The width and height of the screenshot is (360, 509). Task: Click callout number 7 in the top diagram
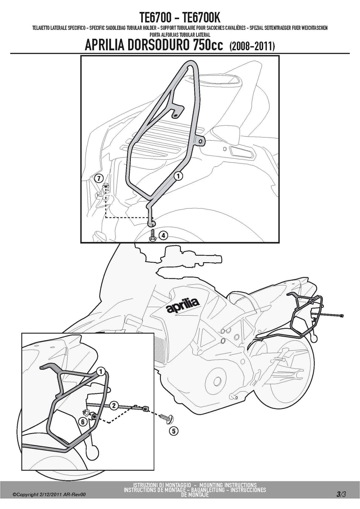click(99, 179)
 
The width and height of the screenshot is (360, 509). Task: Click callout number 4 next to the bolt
click(163, 235)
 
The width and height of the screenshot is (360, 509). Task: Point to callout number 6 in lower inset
click(83, 422)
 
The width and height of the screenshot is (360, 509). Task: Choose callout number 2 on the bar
click(114, 406)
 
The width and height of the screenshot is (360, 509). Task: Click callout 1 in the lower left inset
click(101, 371)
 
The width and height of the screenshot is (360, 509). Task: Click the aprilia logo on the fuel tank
click(183, 305)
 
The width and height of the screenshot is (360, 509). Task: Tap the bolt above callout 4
click(152, 236)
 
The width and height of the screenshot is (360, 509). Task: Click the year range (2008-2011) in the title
click(252, 46)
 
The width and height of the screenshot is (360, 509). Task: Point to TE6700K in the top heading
click(201, 18)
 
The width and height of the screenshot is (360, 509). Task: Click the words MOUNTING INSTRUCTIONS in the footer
click(228, 485)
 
